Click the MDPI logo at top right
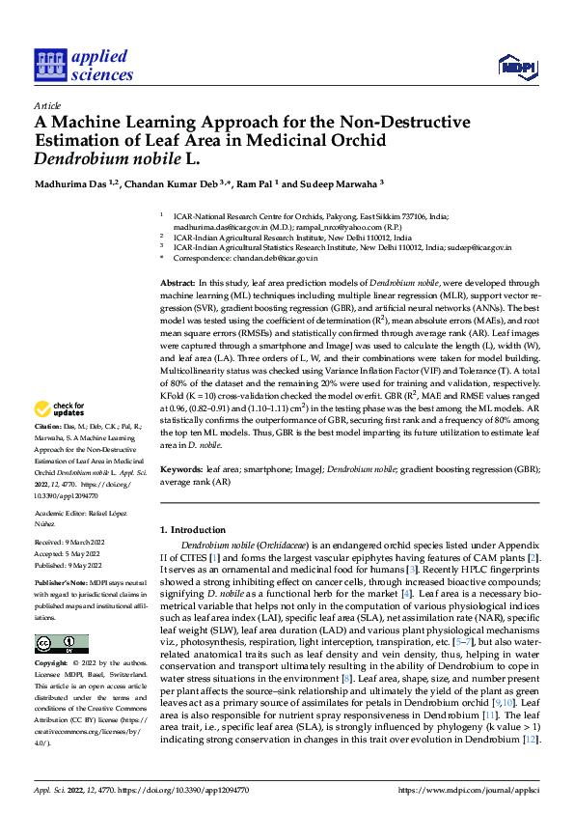click(x=516, y=66)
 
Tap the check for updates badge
click(x=64, y=435)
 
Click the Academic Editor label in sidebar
click(x=59, y=513)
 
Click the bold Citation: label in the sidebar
click(x=47, y=452)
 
